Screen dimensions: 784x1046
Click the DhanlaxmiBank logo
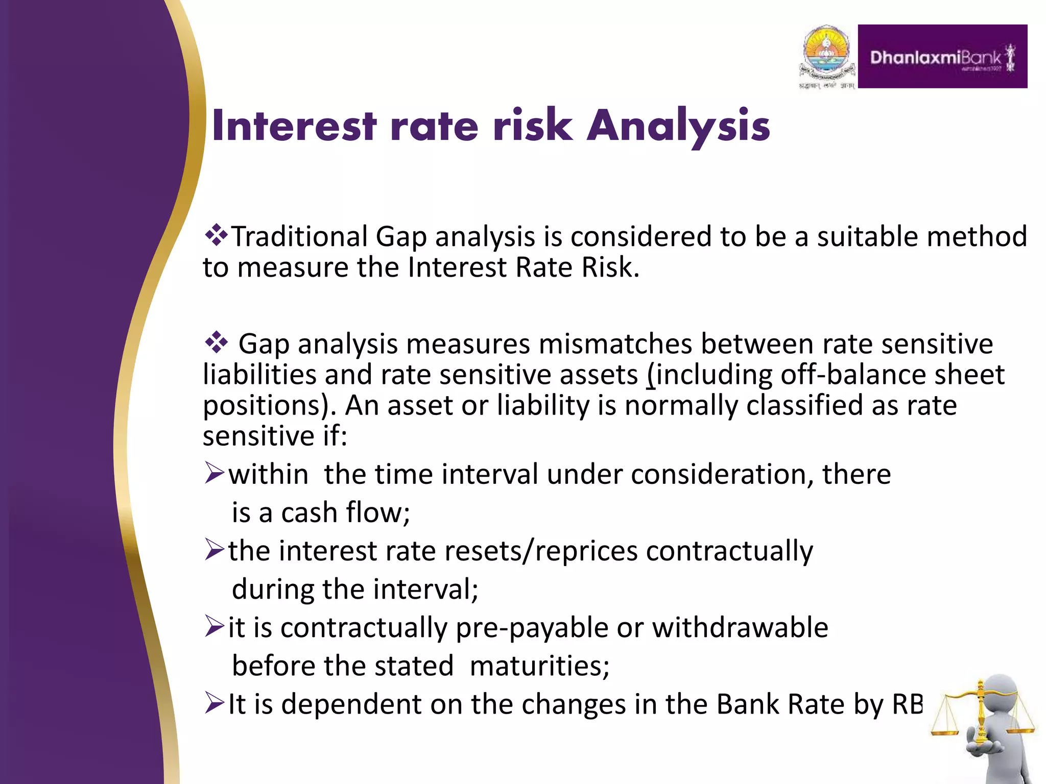click(x=942, y=57)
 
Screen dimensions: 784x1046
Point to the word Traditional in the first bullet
click(x=299, y=237)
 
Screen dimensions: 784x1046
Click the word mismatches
click(x=615, y=344)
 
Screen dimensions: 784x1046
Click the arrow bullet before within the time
click(x=214, y=473)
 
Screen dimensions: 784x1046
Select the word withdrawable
click(x=740, y=627)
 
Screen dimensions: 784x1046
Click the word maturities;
click(x=539, y=666)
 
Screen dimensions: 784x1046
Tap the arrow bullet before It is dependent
click(x=214, y=703)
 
